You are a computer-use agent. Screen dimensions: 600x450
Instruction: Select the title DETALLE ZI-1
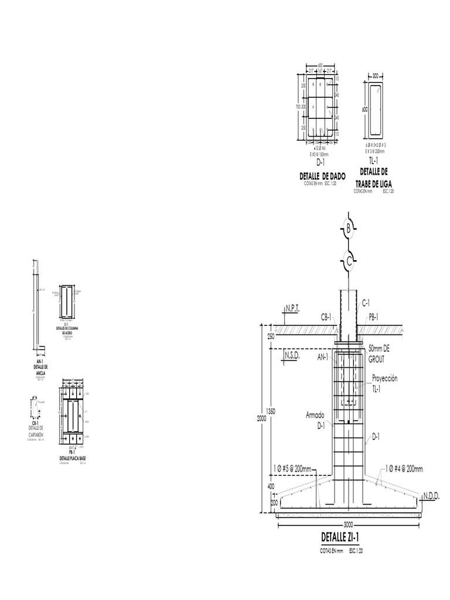(x=340, y=537)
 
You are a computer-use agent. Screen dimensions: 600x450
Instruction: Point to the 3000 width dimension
(x=349, y=524)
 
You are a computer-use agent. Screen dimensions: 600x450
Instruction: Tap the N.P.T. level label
(x=292, y=306)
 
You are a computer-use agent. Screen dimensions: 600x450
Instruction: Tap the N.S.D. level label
(x=292, y=356)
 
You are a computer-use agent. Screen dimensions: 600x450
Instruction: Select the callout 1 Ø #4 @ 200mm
(x=404, y=468)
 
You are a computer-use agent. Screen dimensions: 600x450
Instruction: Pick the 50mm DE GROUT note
(x=379, y=352)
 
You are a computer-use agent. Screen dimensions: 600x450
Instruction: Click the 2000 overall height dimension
(x=261, y=418)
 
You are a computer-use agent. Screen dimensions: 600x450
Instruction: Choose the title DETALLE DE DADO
(x=322, y=176)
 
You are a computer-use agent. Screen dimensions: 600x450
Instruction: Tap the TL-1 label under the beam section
(x=374, y=161)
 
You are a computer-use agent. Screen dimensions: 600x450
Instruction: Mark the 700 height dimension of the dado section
(x=298, y=107)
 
